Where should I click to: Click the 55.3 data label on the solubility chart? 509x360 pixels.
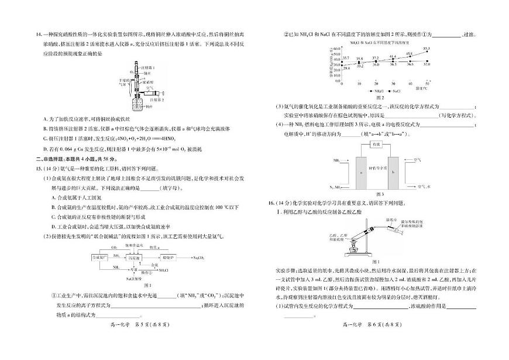(427, 49)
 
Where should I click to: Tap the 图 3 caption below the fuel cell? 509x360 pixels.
(380, 193)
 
